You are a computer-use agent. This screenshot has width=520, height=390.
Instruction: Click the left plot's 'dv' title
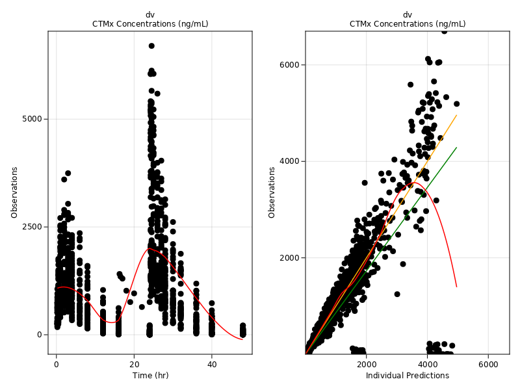(x=150, y=14)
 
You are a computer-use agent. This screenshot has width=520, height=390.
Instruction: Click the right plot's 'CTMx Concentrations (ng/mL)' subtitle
(x=408, y=24)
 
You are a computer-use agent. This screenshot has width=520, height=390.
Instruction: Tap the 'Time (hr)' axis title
(x=150, y=376)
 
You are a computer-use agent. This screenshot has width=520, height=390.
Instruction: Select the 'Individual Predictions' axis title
(x=408, y=376)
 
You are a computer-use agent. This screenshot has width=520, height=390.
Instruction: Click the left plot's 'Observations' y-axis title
(x=14, y=192)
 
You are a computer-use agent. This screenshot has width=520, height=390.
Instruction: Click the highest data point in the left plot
(x=151, y=46)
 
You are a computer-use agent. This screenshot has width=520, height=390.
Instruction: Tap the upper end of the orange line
(x=456, y=115)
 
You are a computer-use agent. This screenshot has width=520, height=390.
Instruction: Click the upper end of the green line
(x=456, y=148)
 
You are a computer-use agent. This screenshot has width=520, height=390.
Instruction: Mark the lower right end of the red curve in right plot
(x=456, y=287)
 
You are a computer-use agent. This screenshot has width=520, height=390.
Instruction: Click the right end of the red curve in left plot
(x=242, y=339)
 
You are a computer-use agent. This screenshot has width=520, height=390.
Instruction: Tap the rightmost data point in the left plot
(x=242, y=326)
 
